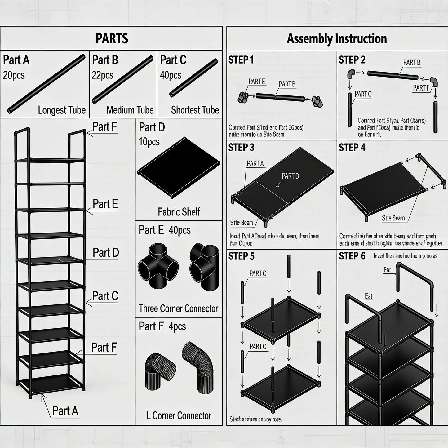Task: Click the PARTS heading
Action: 112,39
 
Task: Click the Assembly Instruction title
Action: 337,39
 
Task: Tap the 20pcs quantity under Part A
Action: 14,75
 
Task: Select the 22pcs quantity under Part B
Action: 103,75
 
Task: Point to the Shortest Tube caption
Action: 195,110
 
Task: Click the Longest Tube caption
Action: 62,110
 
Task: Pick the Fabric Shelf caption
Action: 179,212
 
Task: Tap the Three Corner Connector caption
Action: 178,308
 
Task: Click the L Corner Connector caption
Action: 179,416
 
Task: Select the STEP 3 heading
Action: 241,148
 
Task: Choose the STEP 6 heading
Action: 352,256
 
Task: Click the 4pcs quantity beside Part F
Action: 177,326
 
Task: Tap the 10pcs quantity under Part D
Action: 149,142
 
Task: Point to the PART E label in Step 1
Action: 257,82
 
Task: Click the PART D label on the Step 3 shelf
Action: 290,176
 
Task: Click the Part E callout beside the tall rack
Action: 105,204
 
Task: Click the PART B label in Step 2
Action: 412,63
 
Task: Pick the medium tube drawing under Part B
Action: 123,80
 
